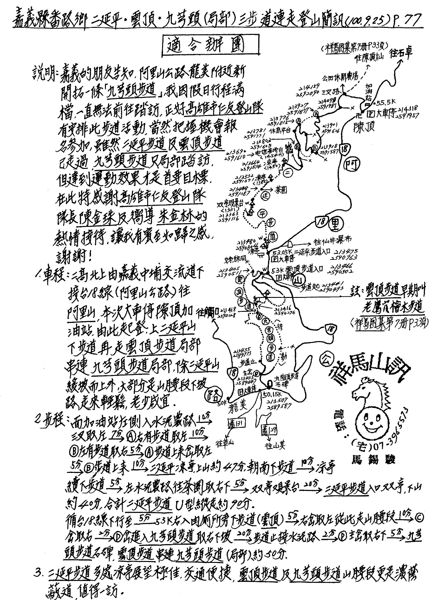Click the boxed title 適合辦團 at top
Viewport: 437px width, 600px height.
[204, 46]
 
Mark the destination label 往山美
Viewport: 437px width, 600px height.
[274, 446]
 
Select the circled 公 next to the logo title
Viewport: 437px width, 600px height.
[326, 360]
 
